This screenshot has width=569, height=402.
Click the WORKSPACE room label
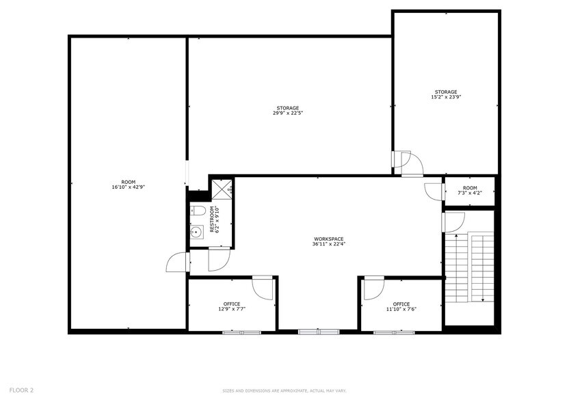coord(328,239)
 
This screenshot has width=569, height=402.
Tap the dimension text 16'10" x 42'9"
coord(129,187)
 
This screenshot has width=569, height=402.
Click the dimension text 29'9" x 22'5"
coord(287,113)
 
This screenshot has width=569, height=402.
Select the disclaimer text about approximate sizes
coord(283,391)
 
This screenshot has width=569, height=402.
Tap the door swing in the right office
coord(374,288)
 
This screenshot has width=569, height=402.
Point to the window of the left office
coord(241,332)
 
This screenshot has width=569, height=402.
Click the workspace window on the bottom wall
coord(319,332)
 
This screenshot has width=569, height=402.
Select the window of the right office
coord(393,332)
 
